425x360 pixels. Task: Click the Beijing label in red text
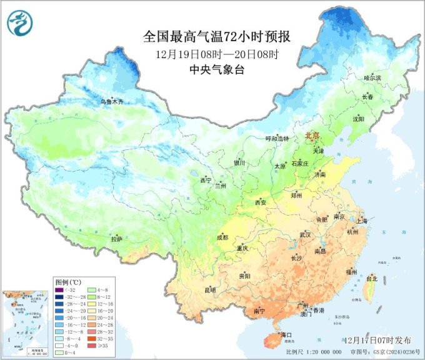[x=312, y=136]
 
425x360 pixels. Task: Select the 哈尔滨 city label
[x=372, y=78]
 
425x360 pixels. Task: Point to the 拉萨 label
[x=117, y=239]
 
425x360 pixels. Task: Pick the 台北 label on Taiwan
[x=372, y=278]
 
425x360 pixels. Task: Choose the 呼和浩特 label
[x=277, y=139]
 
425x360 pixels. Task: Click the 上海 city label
[x=361, y=221]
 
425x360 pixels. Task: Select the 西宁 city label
[x=206, y=180]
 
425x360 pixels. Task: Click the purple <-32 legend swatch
[x=59, y=290]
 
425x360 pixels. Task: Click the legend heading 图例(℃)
[x=67, y=281]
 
